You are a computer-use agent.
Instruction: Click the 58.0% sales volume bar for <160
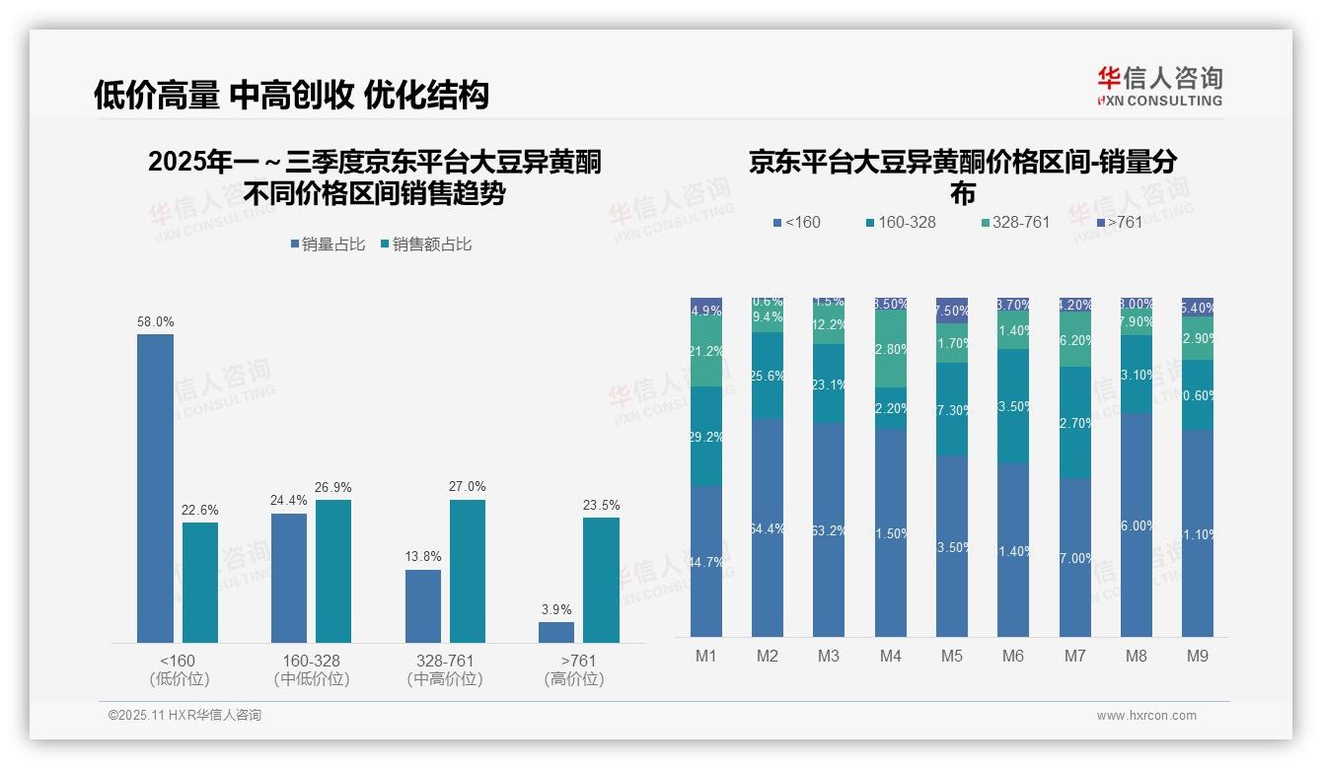coord(155,488)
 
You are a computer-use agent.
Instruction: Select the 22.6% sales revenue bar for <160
coord(200,582)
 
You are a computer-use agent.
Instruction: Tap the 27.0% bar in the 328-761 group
coord(468,571)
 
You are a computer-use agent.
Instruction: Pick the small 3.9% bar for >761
coord(556,632)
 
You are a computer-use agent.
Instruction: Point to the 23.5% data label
coord(601,506)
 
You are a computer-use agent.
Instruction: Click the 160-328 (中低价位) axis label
coord(311,669)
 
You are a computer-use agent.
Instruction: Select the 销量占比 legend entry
coord(332,245)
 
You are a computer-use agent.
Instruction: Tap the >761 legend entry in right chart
coord(1119,223)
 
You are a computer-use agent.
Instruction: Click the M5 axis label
coord(951,656)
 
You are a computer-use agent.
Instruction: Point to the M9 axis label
coord(1197,656)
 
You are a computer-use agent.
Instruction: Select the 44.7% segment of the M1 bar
coord(706,561)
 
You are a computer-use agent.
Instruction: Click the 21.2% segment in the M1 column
coord(706,351)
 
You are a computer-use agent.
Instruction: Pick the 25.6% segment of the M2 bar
coord(768,376)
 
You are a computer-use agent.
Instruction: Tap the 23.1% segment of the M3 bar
coord(829,384)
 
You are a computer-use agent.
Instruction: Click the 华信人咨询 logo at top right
coord(1159,86)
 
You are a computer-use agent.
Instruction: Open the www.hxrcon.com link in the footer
coord(1146,716)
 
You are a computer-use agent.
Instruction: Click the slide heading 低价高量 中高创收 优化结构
coord(291,95)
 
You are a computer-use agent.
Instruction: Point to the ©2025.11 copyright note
coord(184,716)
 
